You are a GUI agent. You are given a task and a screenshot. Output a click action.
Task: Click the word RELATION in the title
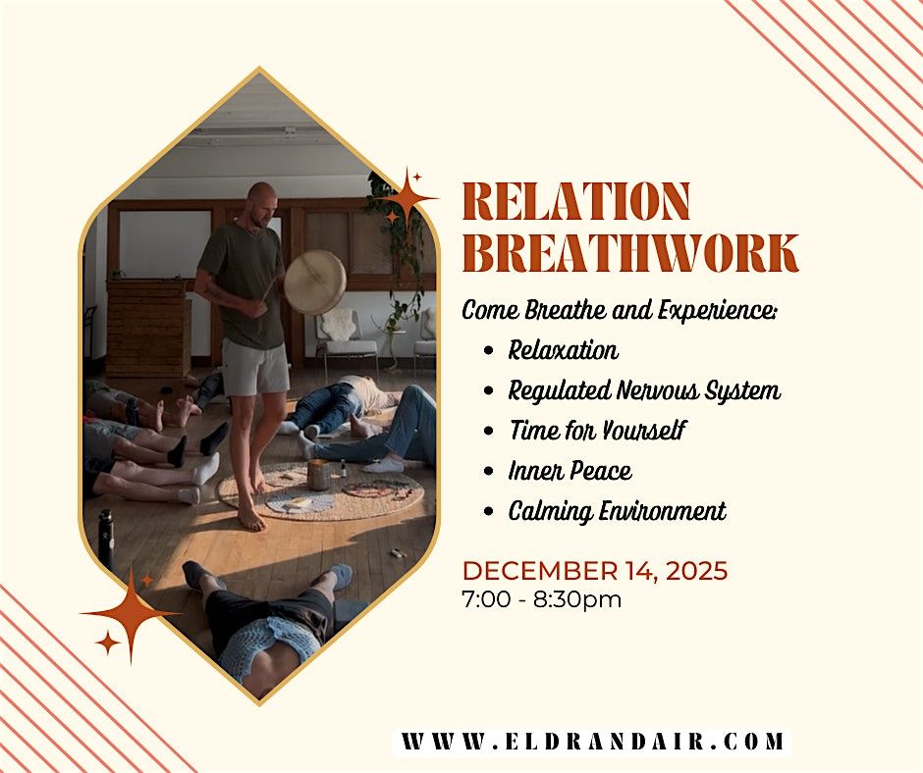click(x=576, y=202)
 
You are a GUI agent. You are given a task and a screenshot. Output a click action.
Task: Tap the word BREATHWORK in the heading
click(x=629, y=254)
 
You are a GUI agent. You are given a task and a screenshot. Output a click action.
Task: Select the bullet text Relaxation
click(x=563, y=350)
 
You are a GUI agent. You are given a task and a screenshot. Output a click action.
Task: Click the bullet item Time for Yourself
click(x=597, y=431)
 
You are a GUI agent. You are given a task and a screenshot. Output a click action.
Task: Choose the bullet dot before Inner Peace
click(x=489, y=472)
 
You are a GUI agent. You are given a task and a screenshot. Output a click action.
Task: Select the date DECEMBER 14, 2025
click(x=595, y=571)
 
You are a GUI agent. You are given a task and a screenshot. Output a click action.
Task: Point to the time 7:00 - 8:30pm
click(x=541, y=599)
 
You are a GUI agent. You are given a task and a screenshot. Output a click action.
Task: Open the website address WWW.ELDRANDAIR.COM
click(x=592, y=742)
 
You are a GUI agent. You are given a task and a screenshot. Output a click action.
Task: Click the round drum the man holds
click(x=314, y=283)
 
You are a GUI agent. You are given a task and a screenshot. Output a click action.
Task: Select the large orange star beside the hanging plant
click(x=407, y=201)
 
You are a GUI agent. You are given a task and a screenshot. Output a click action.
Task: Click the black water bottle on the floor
click(x=104, y=539)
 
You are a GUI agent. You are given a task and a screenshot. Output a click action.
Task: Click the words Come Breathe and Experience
click(x=620, y=310)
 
